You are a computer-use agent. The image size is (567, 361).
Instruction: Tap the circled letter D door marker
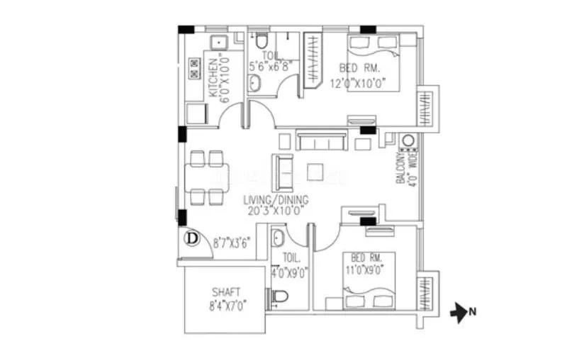tap(191, 239)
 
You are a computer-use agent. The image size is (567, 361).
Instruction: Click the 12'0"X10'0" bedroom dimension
tap(352, 82)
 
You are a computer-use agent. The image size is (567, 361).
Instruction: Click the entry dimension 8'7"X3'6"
tap(232, 242)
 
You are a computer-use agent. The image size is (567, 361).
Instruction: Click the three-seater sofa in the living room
tap(321, 140)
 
